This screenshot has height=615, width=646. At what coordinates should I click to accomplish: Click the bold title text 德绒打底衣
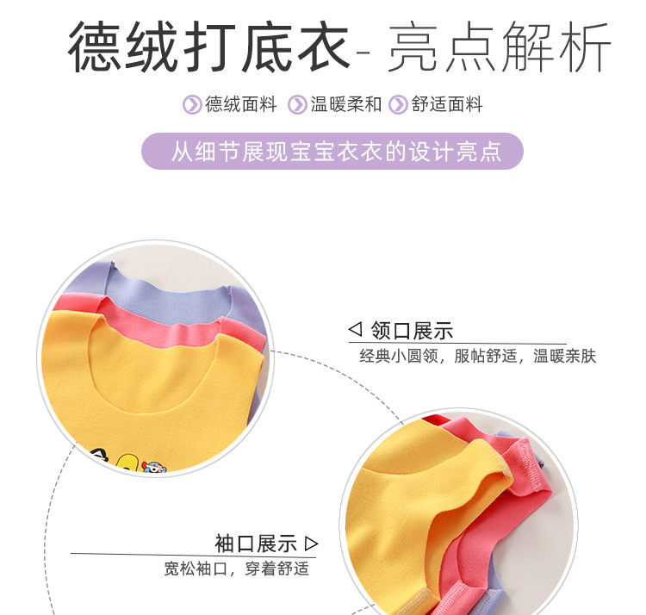click(x=208, y=47)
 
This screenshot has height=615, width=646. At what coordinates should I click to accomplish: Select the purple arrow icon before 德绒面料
click(x=192, y=105)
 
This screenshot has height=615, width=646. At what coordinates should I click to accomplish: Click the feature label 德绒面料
click(x=241, y=105)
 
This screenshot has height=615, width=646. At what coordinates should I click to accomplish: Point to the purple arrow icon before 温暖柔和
click(x=297, y=105)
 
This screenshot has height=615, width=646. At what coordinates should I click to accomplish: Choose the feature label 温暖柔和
click(x=345, y=105)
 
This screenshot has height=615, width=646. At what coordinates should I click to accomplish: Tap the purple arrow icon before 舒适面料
click(x=397, y=105)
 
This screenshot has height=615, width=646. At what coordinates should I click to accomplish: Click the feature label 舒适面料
click(x=447, y=105)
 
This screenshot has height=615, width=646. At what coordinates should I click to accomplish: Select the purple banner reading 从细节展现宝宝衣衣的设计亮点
click(x=332, y=152)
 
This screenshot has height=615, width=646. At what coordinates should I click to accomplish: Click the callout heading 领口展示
click(x=412, y=331)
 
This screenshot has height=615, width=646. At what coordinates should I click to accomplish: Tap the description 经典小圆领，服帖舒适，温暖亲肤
click(x=477, y=356)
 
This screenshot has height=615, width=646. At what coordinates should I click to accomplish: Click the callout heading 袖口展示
click(x=256, y=544)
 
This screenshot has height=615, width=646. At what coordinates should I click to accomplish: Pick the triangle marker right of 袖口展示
click(x=312, y=544)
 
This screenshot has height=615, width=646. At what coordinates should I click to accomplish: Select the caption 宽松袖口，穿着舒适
click(x=236, y=569)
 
